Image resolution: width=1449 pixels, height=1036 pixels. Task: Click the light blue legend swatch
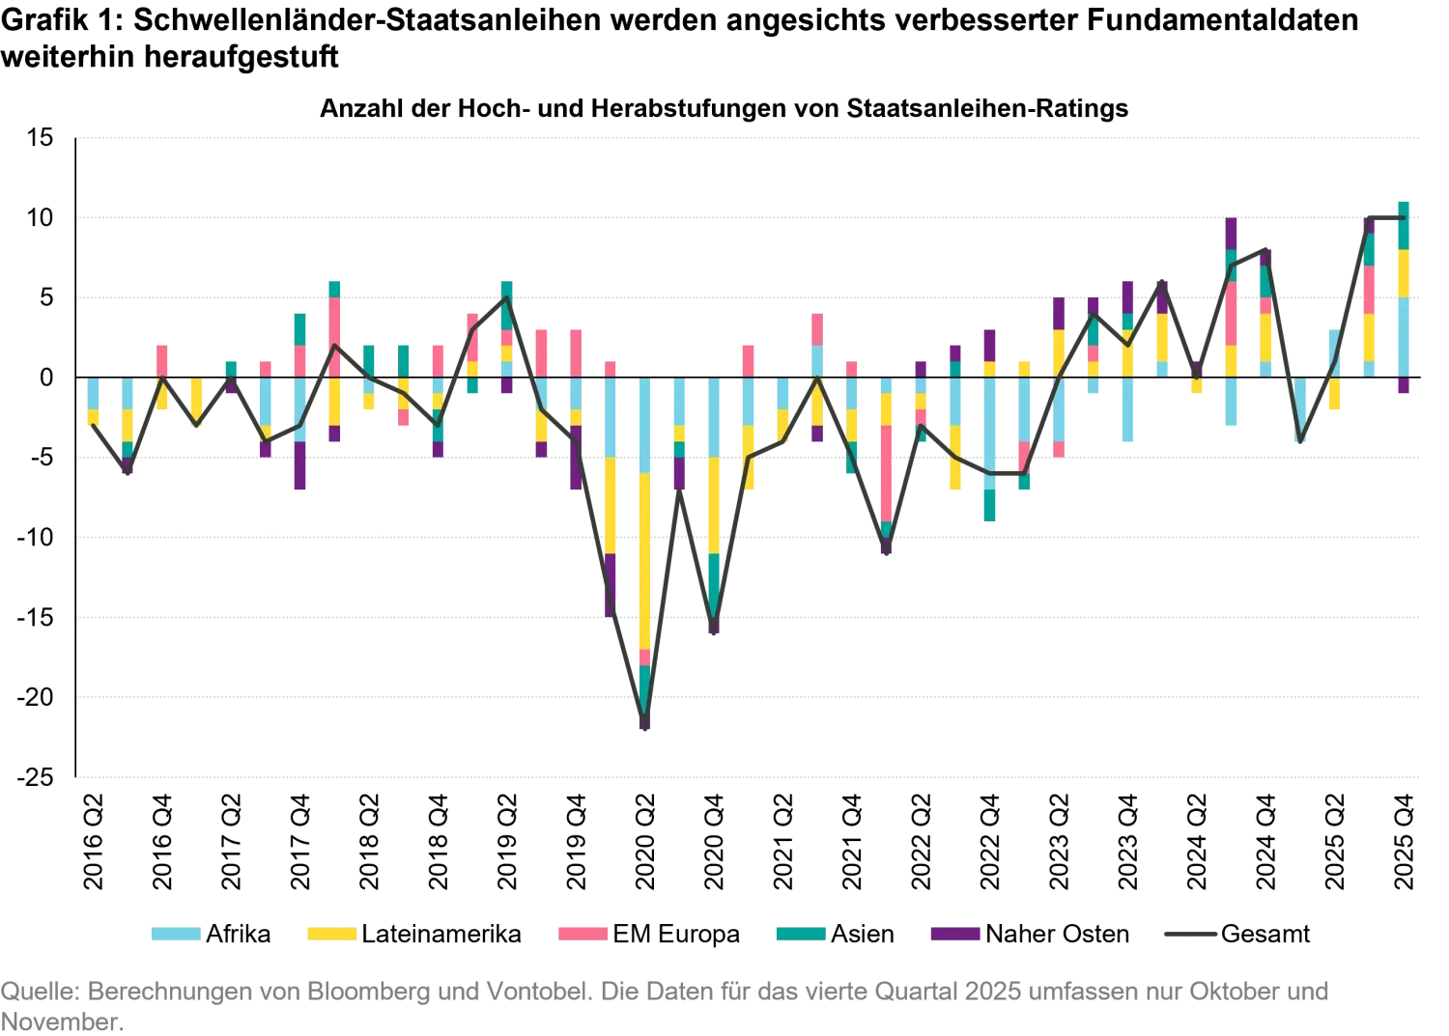click(174, 934)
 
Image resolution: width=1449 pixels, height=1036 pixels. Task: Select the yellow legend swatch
click(331, 934)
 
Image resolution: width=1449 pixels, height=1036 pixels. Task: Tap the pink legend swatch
click(583, 934)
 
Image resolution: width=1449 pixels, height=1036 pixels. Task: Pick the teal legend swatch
click(800, 934)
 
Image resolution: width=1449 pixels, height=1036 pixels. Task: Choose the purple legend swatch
click(954, 934)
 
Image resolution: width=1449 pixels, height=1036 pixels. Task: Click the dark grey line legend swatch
click(1190, 934)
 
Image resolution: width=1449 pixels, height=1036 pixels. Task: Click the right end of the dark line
click(1403, 220)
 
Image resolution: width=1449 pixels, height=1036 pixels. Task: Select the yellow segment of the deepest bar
click(645, 560)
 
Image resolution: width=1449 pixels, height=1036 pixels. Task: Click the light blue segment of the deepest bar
click(645, 425)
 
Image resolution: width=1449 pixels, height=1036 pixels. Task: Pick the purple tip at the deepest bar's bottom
click(645, 724)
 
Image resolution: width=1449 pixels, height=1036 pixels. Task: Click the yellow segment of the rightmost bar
click(1403, 273)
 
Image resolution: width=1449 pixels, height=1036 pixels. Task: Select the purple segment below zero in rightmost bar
click(1403, 384)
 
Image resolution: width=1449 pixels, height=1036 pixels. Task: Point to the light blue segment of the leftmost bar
click(93, 393)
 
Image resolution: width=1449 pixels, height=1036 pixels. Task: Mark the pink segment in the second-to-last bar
click(1368, 288)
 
